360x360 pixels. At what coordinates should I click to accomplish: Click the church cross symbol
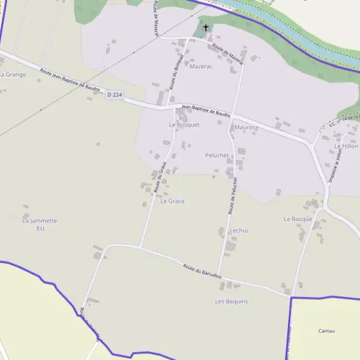pyautogui.click(x=206, y=28)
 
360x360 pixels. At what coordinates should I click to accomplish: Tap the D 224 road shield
pyautogui.click(x=115, y=95)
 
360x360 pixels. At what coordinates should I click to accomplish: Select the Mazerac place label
pyautogui.click(x=201, y=67)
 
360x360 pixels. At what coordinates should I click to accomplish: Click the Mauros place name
pyautogui.click(x=245, y=128)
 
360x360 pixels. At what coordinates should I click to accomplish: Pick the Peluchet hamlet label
pyautogui.click(x=217, y=155)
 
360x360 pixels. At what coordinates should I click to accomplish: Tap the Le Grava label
pyautogui.click(x=172, y=201)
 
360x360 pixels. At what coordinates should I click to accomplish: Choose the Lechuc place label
pyautogui.click(x=239, y=230)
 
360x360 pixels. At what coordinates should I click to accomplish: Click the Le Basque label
pyautogui.click(x=298, y=219)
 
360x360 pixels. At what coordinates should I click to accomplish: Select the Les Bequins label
pyautogui.click(x=231, y=301)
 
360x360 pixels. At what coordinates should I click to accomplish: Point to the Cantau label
pyautogui.click(x=326, y=331)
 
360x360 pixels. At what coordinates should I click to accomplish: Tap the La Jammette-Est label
pyautogui.click(x=41, y=224)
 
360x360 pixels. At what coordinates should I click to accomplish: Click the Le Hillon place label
pyautogui.click(x=346, y=146)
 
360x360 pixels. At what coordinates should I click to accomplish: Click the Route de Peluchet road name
pyautogui.click(x=233, y=196)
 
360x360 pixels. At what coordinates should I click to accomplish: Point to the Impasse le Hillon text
pyautogui.click(x=334, y=166)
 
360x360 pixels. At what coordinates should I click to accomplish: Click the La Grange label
pyautogui.click(x=13, y=74)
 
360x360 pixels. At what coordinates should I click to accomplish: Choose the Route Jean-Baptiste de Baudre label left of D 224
pyautogui.click(x=70, y=80)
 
